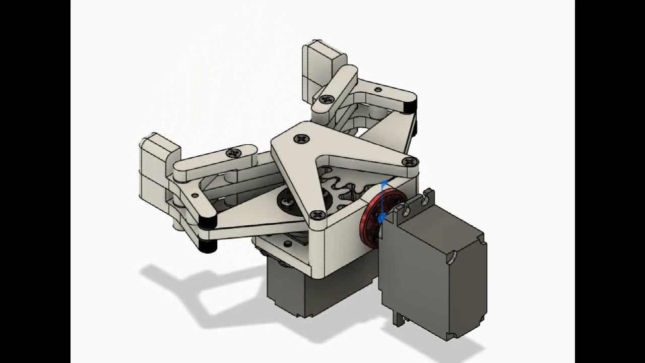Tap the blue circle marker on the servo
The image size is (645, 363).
click(x=381, y=217)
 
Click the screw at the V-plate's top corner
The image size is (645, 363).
click(x=301, y=138)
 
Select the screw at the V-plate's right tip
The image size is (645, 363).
click(x=410, y=162)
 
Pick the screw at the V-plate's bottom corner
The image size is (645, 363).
click(x=318, y=215)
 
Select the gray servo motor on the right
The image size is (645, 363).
click(x=433, y=272)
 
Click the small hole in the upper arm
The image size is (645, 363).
click(x=378, y=90)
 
